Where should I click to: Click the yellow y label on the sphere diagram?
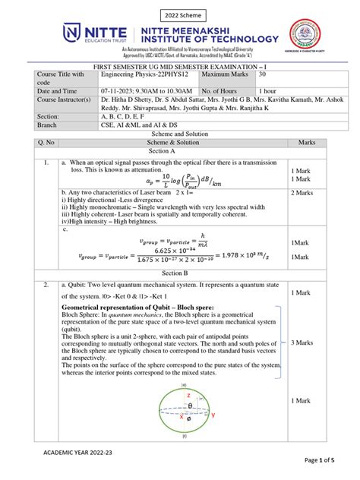[213, 415]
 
